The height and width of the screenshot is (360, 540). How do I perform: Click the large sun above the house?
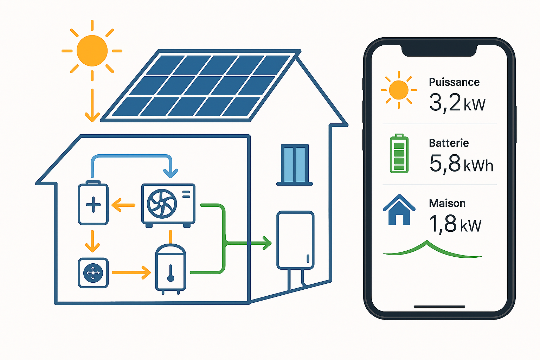pos(92,51)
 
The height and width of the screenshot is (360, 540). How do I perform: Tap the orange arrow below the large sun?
pos(92,105)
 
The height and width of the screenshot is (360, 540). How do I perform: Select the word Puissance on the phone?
pos(454,82)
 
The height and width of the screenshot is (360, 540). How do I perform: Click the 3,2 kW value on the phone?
pos(457,103)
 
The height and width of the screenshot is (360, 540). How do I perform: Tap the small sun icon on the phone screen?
pos(399,90)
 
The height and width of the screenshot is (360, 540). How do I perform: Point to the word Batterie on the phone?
pos(449,143)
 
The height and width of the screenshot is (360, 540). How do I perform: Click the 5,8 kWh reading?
pos(461,163)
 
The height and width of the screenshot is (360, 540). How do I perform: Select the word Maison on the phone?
pos(447,203)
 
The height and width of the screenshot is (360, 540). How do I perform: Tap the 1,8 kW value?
pos(455,224)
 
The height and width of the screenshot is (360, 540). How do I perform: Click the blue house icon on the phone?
pos(399,210)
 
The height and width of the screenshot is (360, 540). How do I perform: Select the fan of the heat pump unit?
pos(162,204)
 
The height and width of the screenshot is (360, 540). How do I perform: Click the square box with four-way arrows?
pos(93,273)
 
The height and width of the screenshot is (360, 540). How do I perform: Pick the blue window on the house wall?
pos(295,164)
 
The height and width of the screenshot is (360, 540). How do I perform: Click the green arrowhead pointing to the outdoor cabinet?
pos(267,243)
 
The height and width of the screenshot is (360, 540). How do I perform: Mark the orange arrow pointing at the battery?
pos(123,205)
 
